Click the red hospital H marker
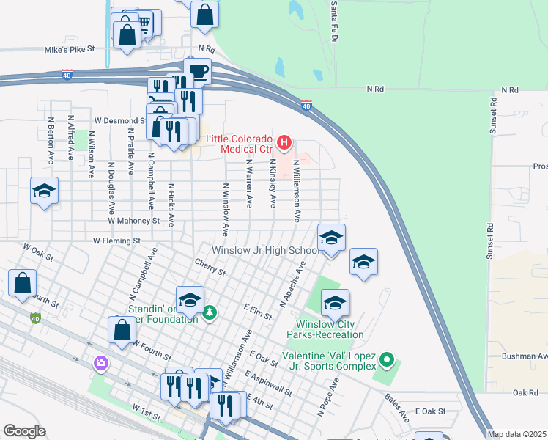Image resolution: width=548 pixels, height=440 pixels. (286, 141)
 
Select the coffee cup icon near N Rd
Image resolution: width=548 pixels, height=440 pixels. (198, 72)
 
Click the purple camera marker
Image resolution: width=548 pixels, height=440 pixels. (100, 363)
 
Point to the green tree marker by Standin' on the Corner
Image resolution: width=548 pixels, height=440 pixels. (210, 313)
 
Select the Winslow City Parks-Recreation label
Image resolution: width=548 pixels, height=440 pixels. (330, 329)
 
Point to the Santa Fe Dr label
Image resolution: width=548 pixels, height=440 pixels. (334, 12)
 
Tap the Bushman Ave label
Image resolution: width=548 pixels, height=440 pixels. (524, 356)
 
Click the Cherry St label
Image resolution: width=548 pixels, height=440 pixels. (210, 267)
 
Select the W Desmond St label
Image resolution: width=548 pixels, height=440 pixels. (119, 120)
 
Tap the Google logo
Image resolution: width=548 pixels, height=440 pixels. (23, 430)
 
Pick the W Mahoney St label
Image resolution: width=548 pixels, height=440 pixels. (133, 220)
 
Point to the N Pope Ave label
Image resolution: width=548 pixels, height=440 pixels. (327, 397)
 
